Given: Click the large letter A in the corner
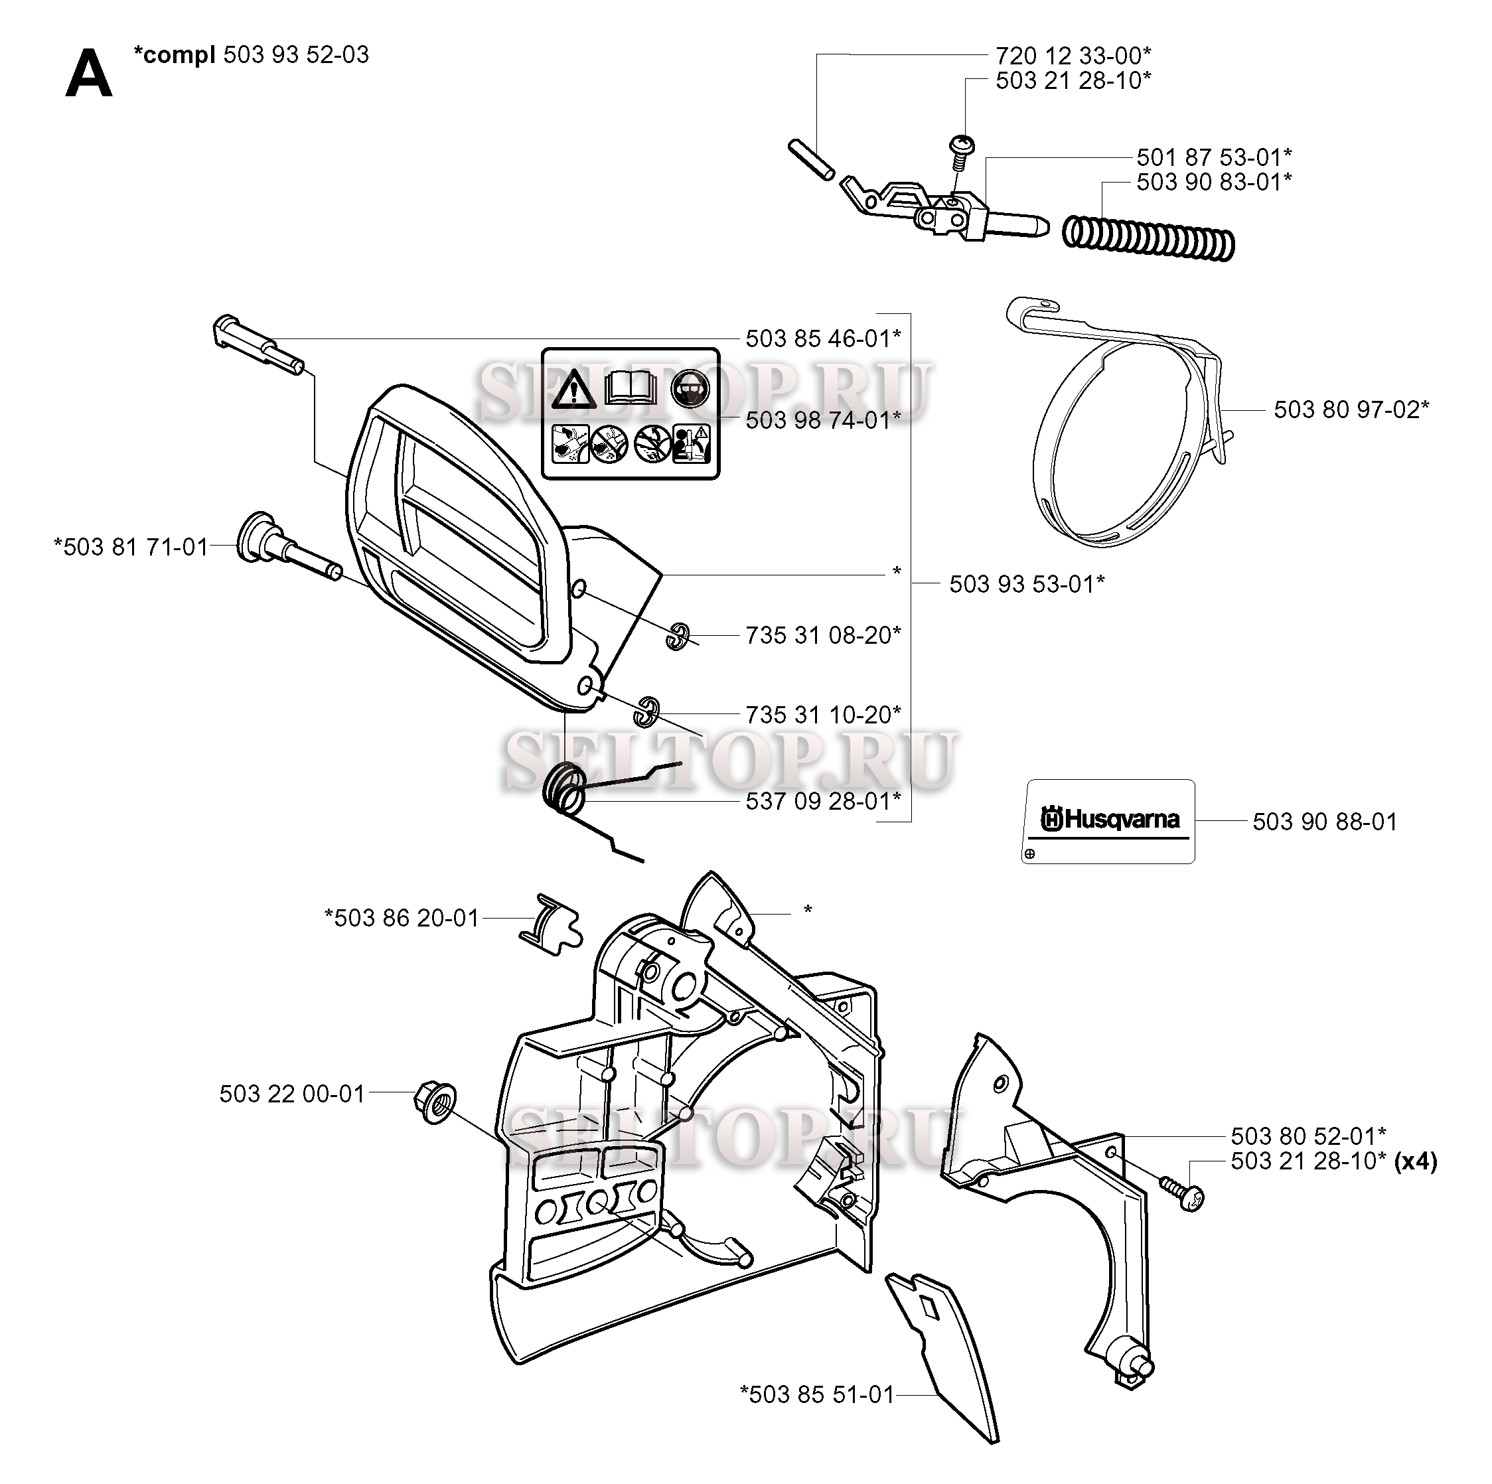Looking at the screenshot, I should (89, 74).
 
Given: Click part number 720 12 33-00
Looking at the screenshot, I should (1073, 56).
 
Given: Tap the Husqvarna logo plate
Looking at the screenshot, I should (1108, 821).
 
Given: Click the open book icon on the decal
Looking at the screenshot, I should (631, 389).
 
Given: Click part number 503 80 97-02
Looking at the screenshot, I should (1351, 409).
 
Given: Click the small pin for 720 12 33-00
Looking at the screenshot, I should (810, 159).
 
